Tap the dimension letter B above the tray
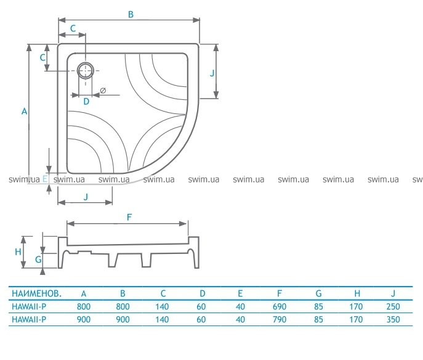tap(131, 15)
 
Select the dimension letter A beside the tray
tap(24, 111)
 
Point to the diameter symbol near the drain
tap(103, 90)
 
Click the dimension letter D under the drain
tap(86, 102)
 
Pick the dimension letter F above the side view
tap(129, 217)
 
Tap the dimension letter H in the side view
tap(18, 252)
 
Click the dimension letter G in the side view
tap(38, 260)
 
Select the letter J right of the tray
tap(212, 73)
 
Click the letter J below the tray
tap(86, 197)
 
